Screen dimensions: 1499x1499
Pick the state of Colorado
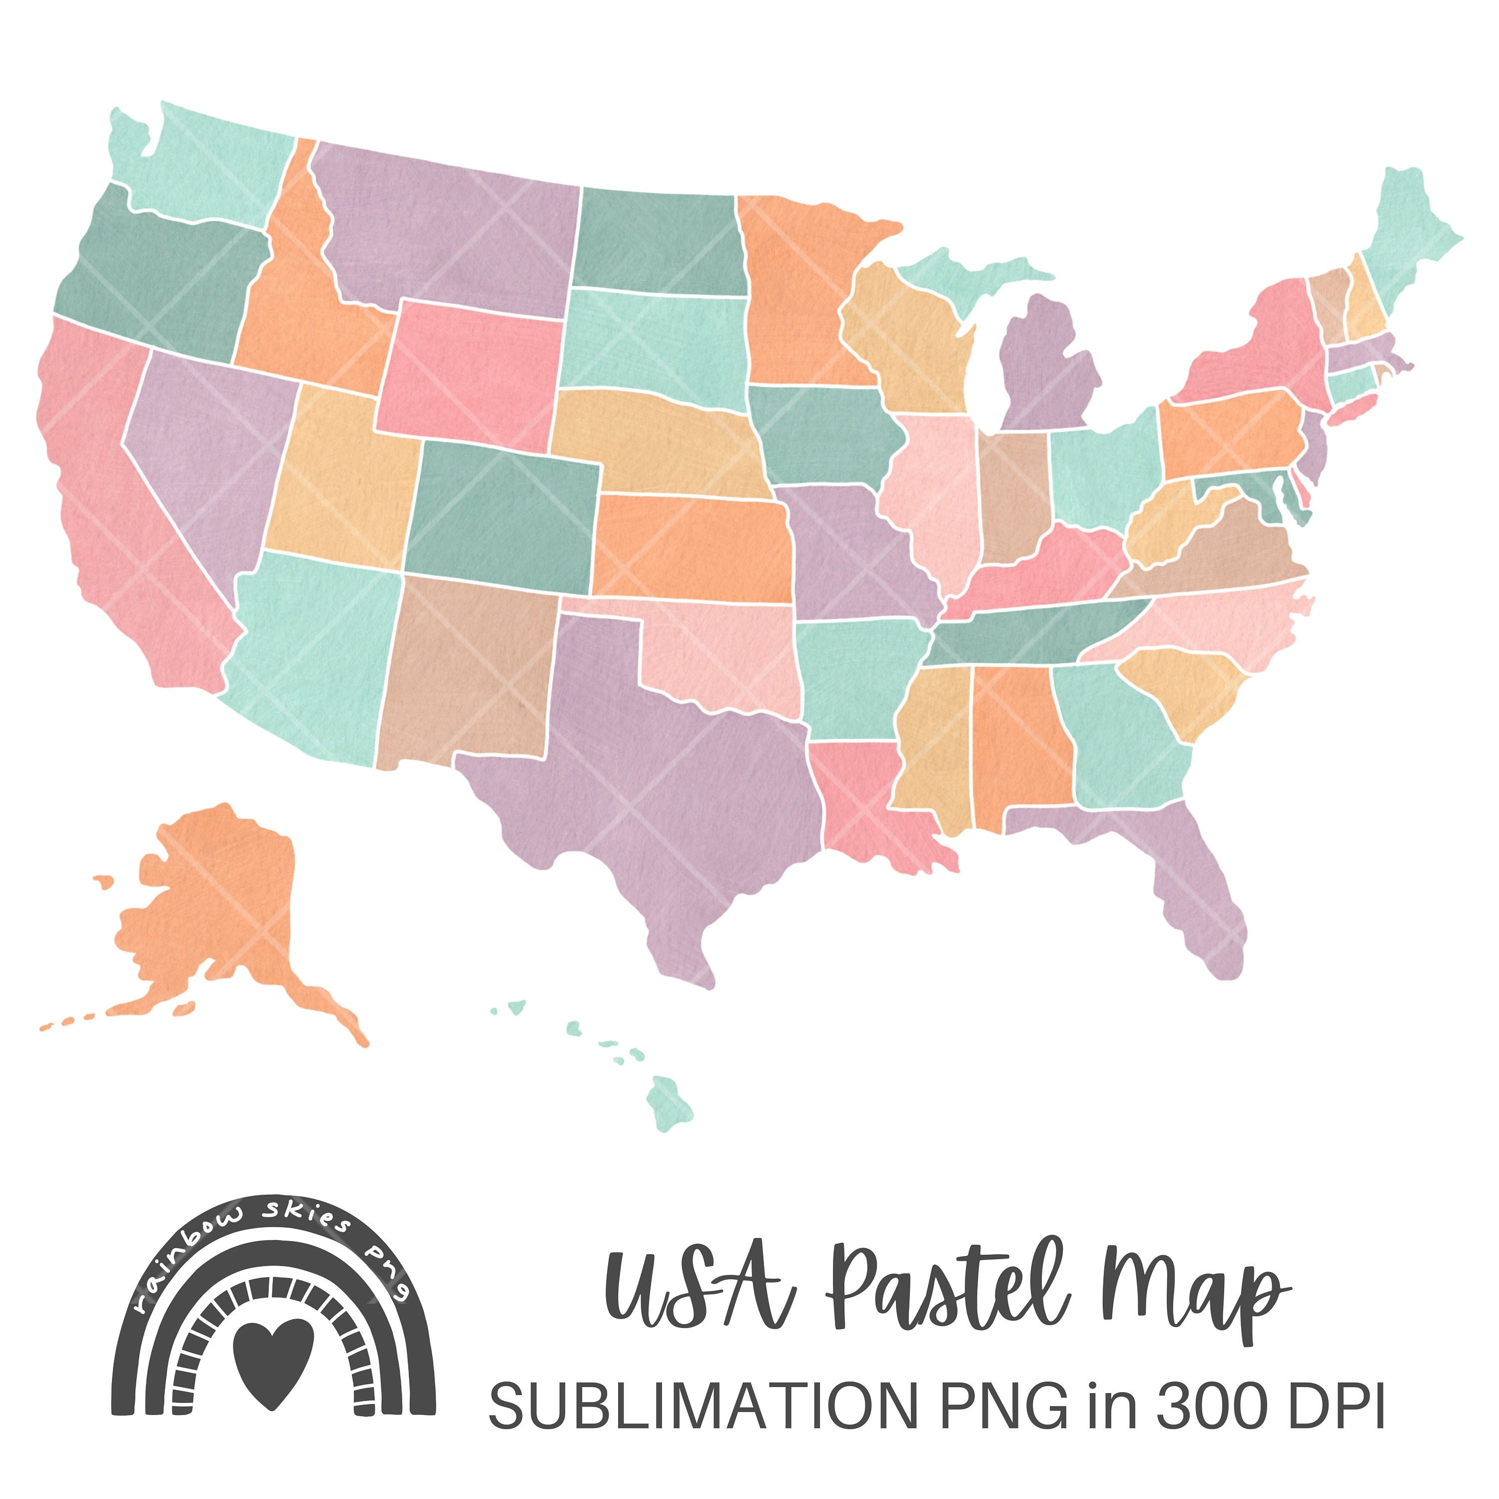click(501, 516)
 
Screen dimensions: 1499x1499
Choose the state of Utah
click(341, 473)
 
